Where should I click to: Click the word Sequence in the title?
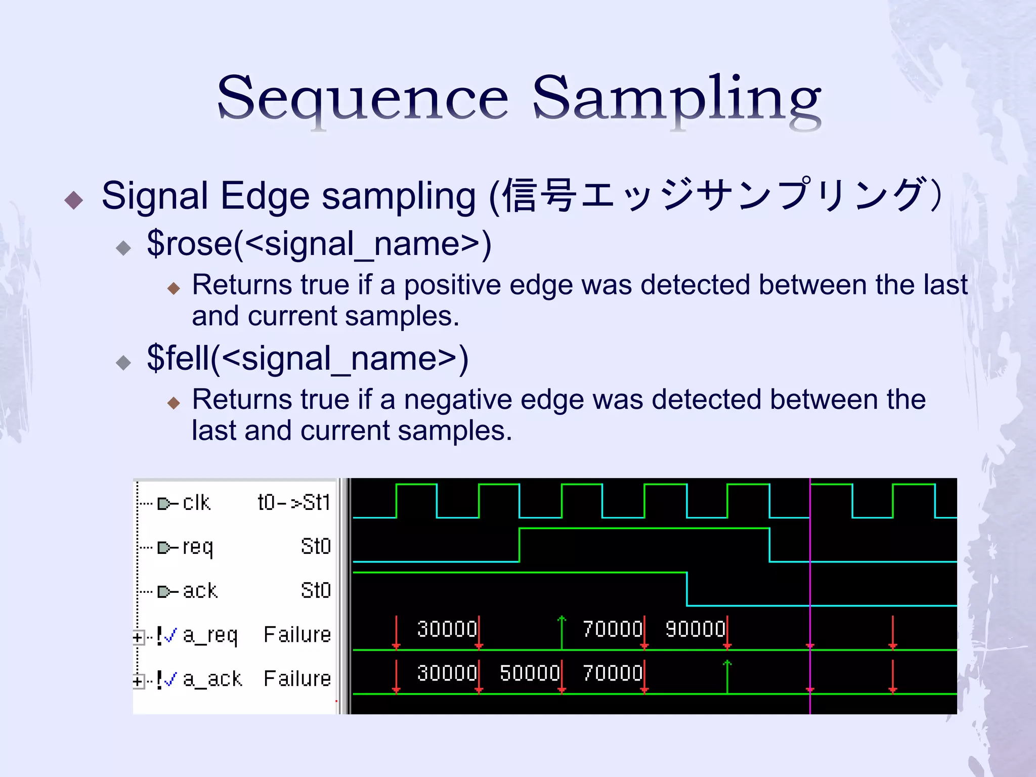tap(362, 99)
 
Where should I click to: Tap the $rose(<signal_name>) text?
tap(319, 244)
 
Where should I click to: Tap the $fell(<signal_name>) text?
tap(308, 359)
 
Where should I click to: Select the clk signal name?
tap(196, 503)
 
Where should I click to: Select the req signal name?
tap(198, 547)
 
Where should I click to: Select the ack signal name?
tap(200, 591)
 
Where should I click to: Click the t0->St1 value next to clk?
tap(294, 503)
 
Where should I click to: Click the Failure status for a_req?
tap(297, 635)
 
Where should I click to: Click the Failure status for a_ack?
tap(297, 679)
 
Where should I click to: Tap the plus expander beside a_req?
tap(138, 637)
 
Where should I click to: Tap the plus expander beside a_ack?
tap(138, 681)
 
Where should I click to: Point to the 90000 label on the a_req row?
tap(695, 629)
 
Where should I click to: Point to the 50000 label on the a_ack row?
tap(530, 673)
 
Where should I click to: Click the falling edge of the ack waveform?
tap(686, 589)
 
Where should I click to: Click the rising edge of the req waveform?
tap(520, 545)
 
